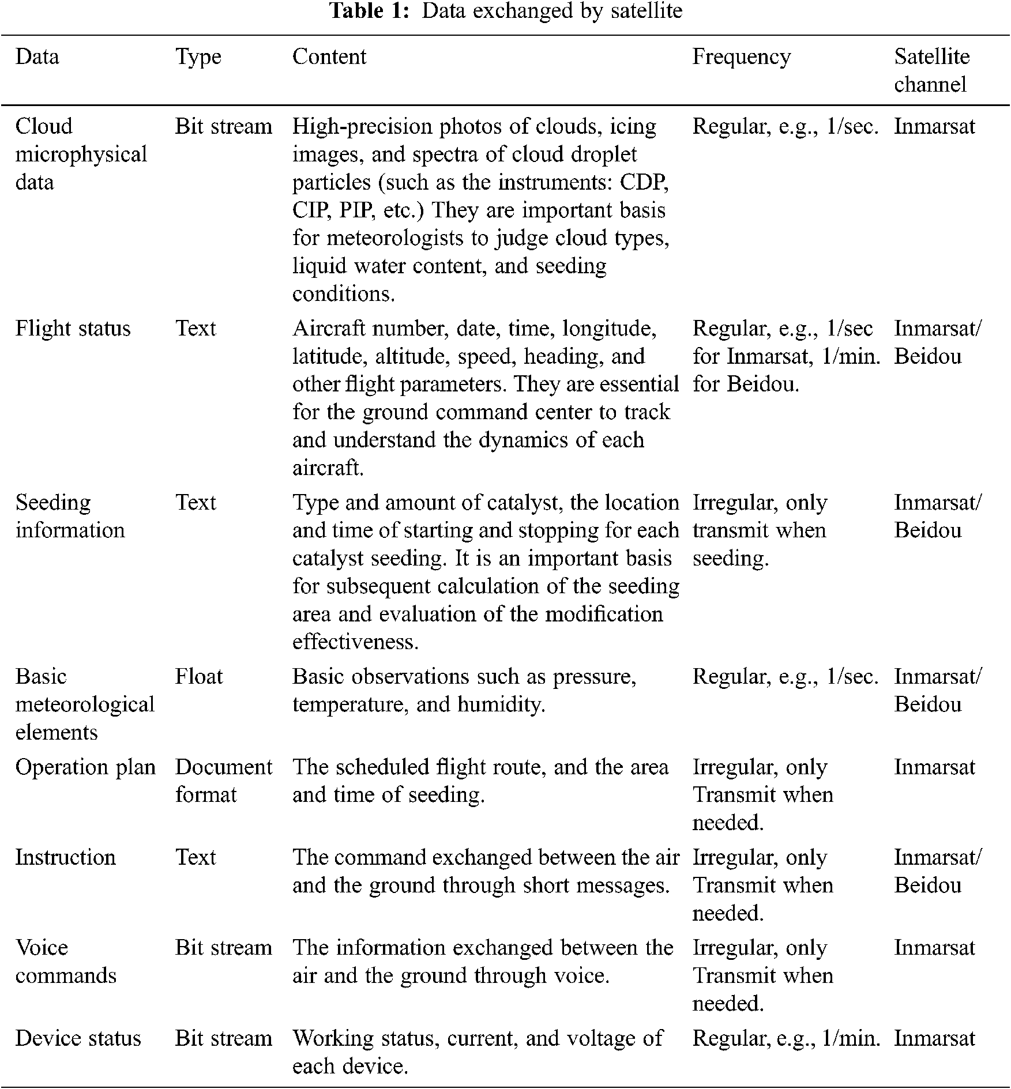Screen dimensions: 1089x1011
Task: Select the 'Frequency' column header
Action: pos(741,56)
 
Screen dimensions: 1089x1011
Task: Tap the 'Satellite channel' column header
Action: pos(931,70)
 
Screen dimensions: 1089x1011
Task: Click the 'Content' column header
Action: pos(329,56)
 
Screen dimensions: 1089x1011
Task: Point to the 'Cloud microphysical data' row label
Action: pos(81,154)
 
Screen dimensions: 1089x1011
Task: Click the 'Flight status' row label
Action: pos(73,329)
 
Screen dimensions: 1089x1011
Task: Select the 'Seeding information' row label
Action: pos(70,517)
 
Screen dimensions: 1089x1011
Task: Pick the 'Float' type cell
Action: pos(198,676)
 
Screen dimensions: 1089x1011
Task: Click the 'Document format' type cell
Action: pos(223,781)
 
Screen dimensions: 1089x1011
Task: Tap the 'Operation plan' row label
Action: pos(85,767)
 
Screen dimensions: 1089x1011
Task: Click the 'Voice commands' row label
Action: pos(66,962)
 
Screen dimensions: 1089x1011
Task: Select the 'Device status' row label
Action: pos(78,1038)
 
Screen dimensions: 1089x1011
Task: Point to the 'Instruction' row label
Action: pos(65,857)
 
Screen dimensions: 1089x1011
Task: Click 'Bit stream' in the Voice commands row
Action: pos(223,948)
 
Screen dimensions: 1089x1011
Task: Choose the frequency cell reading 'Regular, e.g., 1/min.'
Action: pos(786,1038)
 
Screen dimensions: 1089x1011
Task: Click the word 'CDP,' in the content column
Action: pos(644,182)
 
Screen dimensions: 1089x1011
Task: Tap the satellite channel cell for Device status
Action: pos(934,1038)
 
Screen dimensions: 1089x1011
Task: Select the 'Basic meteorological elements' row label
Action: pos(85,704)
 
